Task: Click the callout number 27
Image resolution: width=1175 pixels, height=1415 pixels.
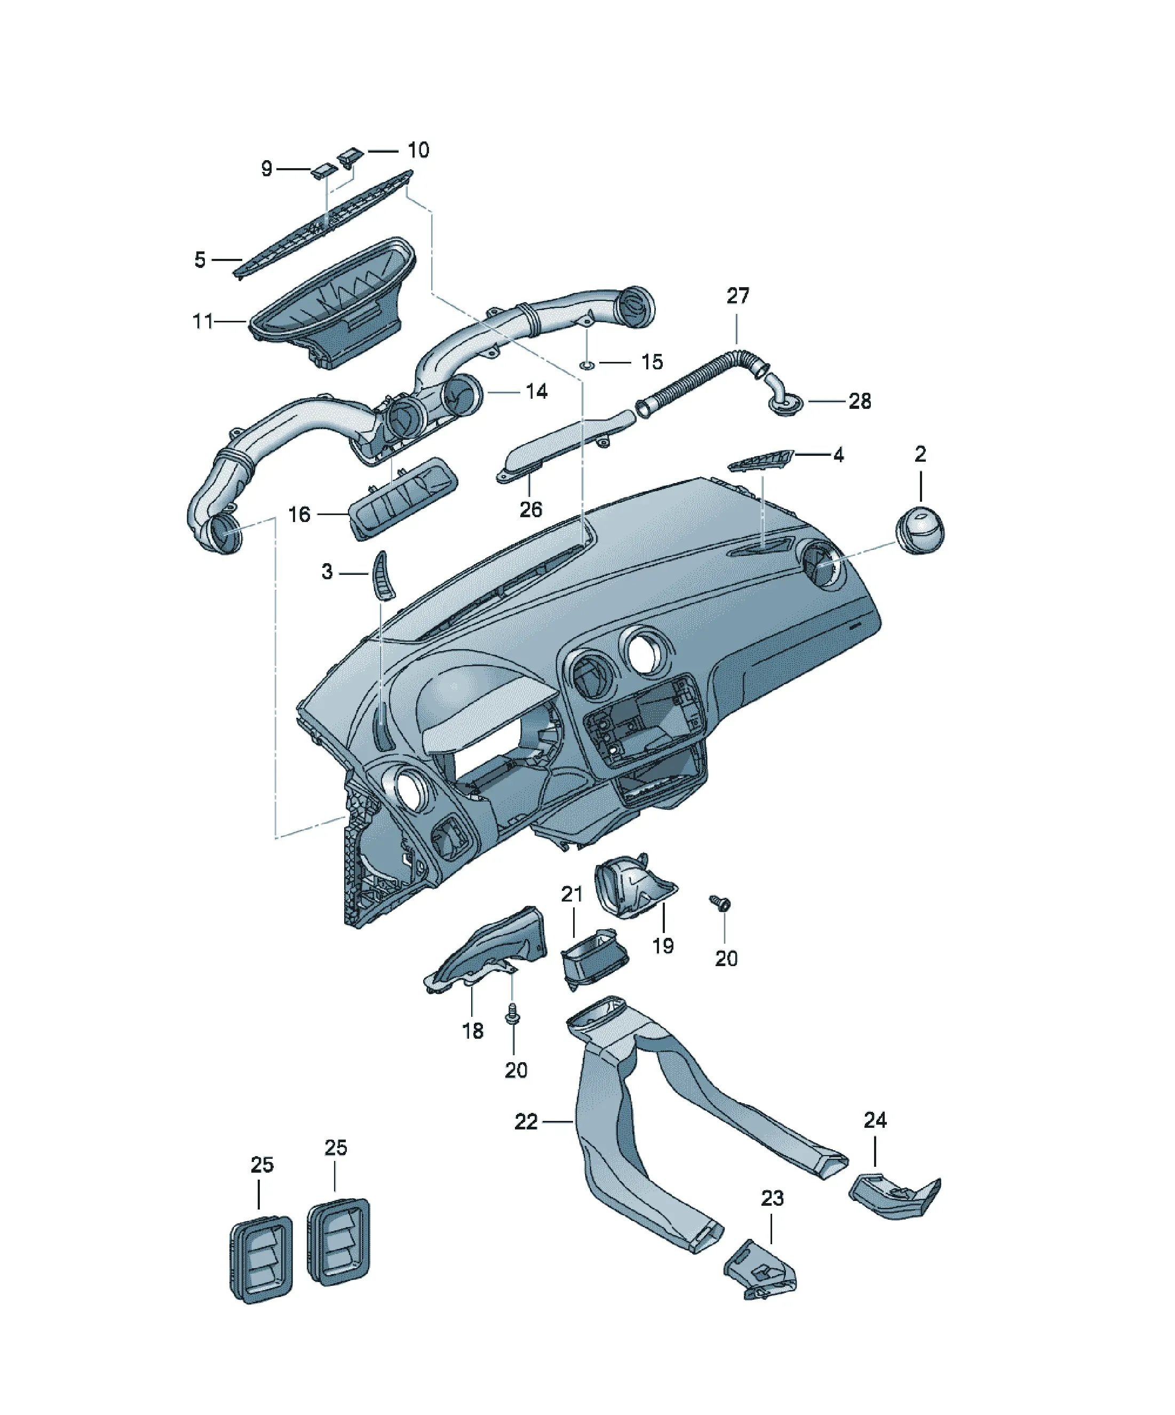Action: point(738,296)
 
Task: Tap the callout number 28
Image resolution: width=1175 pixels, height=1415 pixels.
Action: point(860,401)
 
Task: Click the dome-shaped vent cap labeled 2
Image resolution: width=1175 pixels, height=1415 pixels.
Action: point(919,529)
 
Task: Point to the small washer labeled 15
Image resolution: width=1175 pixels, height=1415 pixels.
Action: point(587,365)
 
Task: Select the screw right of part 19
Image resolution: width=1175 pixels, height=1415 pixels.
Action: point(720,904)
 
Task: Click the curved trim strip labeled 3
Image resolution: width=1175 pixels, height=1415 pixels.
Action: point(383,577)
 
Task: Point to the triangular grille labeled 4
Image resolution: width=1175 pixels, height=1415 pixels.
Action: point(760,462)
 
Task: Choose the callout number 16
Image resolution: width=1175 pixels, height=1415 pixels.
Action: point(299,515)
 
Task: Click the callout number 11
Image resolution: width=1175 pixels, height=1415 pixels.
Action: point(203,321)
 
